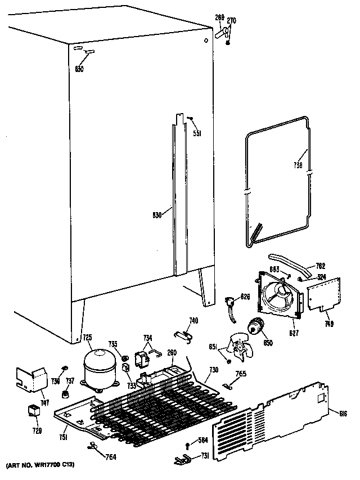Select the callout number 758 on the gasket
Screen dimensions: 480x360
(298, 165)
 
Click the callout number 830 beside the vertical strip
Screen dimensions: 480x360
(157, 214)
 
